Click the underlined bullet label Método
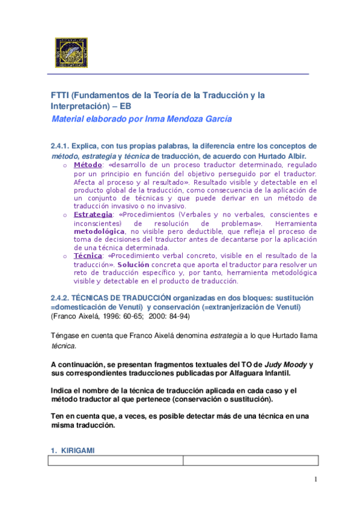coord(88,165)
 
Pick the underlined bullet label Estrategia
coord(93,215)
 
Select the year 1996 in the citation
coord(105,316)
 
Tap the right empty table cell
coord(250,460)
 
